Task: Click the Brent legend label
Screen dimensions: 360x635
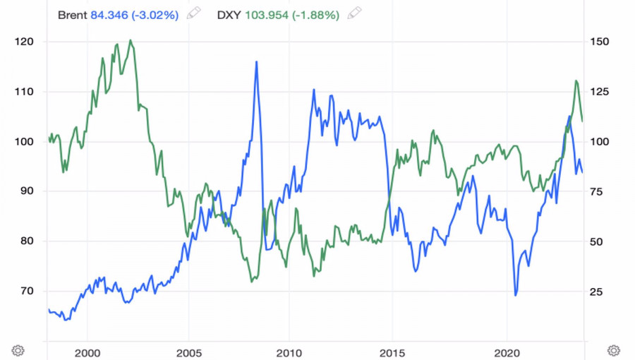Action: pos(73,13)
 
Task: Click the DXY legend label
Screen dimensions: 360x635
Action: pos(229,13)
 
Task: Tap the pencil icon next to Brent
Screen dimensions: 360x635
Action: pos(194,13)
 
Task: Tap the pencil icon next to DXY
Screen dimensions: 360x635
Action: pos(355,13)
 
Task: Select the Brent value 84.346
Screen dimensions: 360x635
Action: pos(109,13)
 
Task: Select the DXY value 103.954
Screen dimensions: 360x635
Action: pos(267,13)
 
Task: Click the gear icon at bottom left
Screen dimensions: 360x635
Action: pos(18,350)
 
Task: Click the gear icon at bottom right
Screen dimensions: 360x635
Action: pos(613,350)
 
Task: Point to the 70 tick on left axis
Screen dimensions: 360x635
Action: pos(26,291)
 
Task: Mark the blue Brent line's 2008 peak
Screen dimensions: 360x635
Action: pos(256,62)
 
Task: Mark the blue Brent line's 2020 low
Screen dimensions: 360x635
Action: pos(516,295)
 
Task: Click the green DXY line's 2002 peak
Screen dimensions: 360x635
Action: pos(131,40)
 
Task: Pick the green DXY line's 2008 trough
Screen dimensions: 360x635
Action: pos(251,282)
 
